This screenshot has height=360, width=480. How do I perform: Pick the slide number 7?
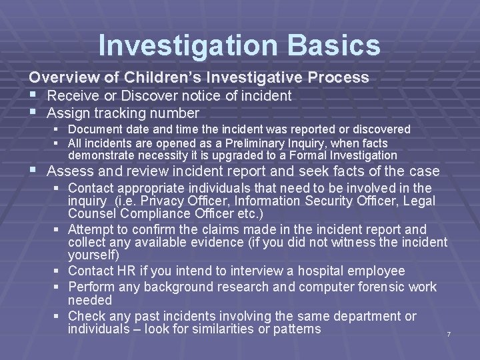(449, 333)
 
